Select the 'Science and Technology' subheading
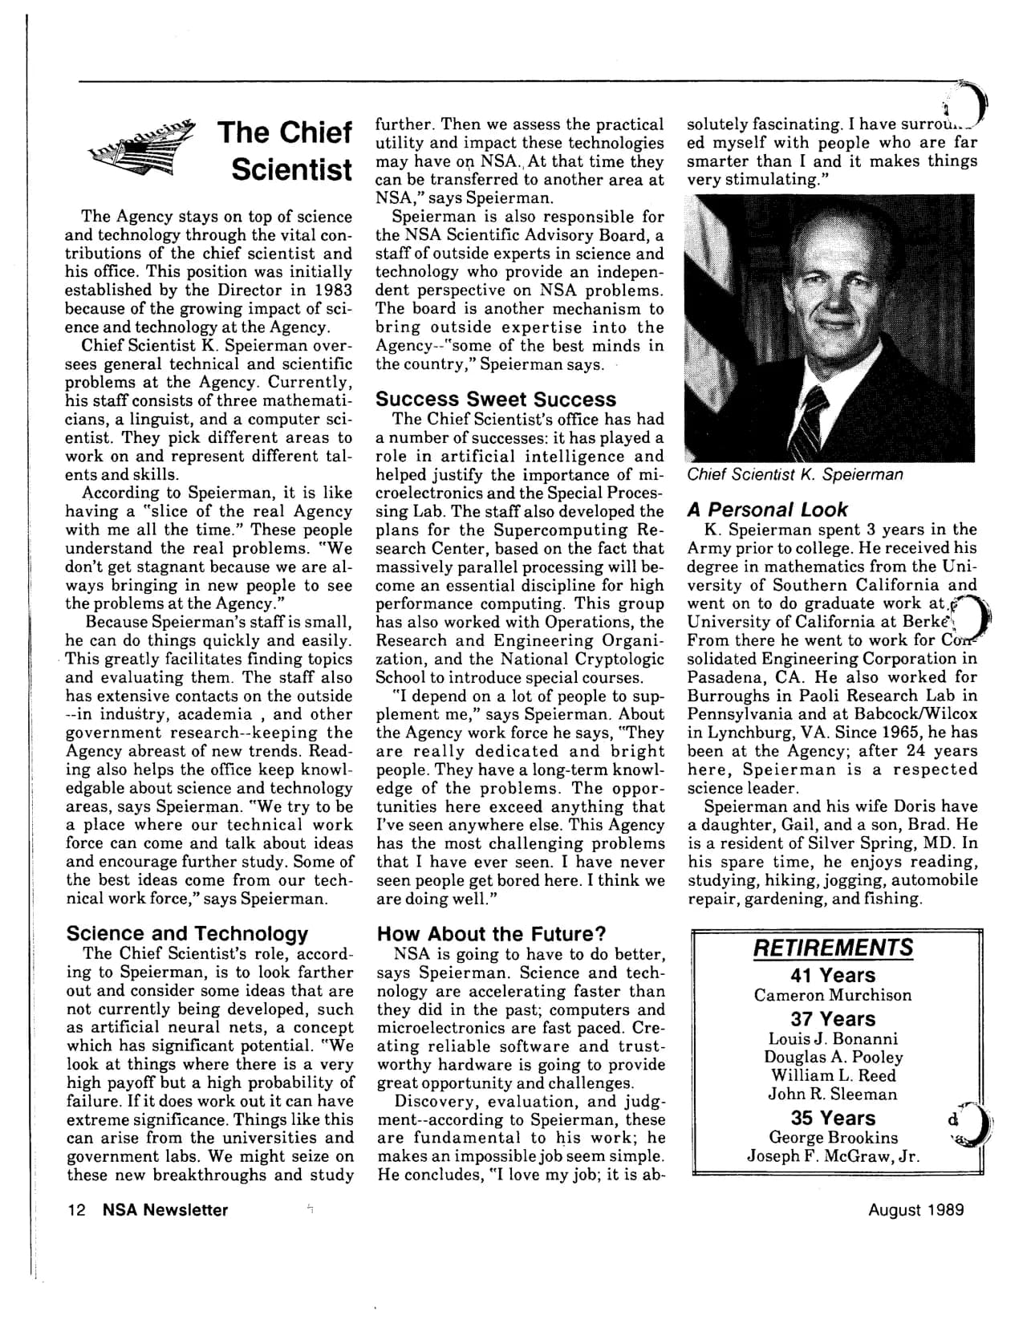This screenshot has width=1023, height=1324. (x=187, y=933)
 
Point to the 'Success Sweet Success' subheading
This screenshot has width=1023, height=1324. (x=496, y=399)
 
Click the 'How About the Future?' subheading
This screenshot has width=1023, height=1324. (x=491, y=934)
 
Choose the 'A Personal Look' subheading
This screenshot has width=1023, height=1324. (x=767, y=510)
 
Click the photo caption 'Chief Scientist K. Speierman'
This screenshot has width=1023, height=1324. (x=794, y=474)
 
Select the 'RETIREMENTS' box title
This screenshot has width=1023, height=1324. (x=833, y=948)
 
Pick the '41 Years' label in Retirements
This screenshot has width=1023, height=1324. (x=833, y=976)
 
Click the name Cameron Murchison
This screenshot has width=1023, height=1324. (x=833, y=996)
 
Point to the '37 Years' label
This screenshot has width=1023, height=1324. (x=833, y=1019)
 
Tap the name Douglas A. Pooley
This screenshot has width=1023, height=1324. (x=833, y=1058)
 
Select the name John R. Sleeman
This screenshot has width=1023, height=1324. (x=833, y=1095)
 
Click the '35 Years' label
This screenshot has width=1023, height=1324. (x=833, y=1118)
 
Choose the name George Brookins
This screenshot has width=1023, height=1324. (x=833, y=1138)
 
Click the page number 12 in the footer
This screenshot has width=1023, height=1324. (x=75, y=1210)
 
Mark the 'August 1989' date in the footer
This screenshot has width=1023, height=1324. (x=915, y=1210)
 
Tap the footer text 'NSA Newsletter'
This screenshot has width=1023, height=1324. (x=165, y=1210)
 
